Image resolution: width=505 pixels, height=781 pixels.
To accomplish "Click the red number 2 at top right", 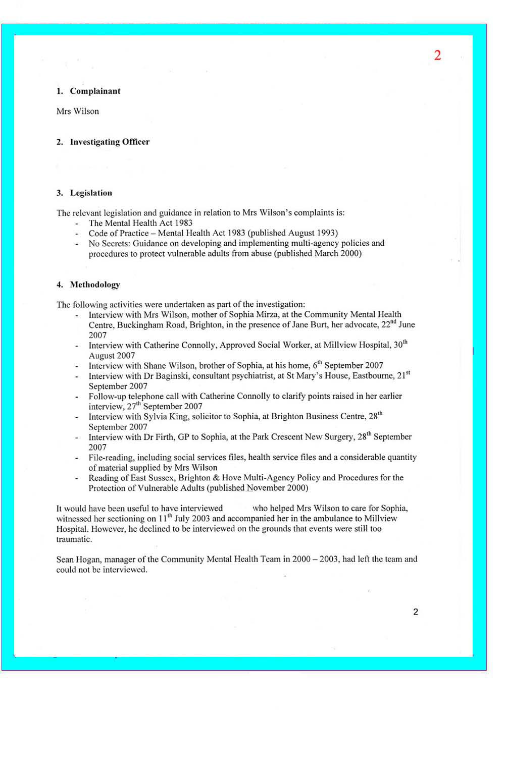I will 437,55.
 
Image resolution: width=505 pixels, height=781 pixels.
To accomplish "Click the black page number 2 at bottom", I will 416,612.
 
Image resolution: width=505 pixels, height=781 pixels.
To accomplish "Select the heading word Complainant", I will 95,91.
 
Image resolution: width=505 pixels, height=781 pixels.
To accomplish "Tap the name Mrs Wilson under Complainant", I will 78,111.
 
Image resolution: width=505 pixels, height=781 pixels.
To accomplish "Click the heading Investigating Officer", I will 110,142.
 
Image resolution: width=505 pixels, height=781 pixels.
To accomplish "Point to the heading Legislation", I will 91,193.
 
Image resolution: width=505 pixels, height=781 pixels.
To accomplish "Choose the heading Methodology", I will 95,285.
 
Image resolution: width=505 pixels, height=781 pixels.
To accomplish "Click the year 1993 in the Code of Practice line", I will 326,233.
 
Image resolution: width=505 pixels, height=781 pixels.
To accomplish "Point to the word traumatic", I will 74,539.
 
